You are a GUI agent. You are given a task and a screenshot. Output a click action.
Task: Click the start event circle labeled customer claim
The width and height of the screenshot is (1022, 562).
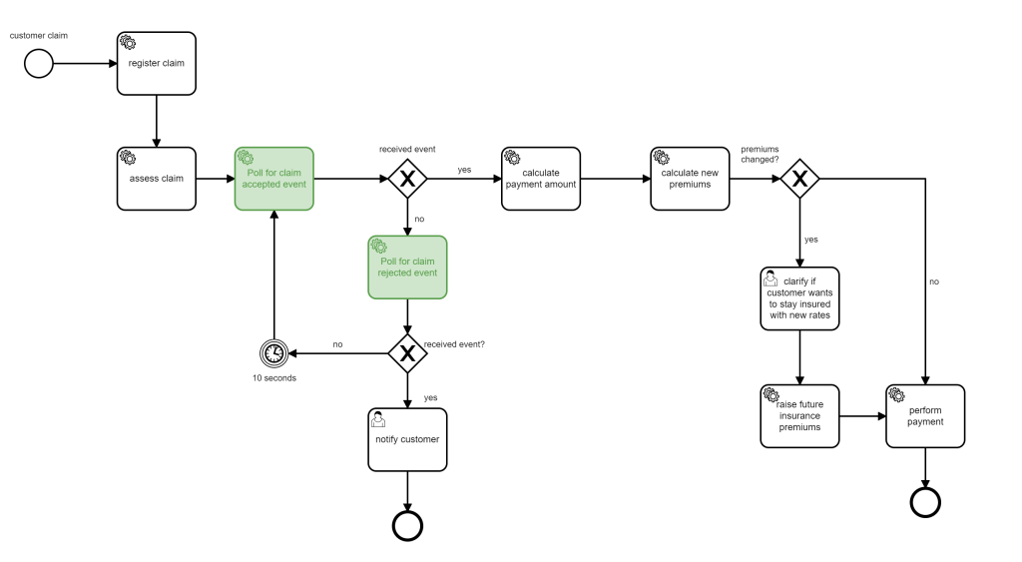[38, 64]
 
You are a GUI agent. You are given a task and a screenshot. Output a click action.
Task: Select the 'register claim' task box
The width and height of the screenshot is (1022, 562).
[157, 63]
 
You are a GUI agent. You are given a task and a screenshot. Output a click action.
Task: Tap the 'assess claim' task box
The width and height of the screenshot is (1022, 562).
[157, 179]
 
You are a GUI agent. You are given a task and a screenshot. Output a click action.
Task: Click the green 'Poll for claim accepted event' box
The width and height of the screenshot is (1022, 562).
[274, 179]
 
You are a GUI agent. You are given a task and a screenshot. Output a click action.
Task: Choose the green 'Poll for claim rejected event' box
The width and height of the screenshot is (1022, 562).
[407, 267]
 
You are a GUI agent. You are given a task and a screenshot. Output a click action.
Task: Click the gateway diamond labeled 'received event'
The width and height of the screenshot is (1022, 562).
[407, 179]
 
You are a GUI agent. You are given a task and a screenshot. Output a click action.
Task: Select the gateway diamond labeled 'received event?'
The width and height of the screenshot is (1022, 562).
[407, 352]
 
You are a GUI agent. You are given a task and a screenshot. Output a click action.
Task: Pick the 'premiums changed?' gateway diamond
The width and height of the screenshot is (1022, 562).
[799, 179]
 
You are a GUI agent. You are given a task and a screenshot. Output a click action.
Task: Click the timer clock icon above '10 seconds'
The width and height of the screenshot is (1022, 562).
[274, 352]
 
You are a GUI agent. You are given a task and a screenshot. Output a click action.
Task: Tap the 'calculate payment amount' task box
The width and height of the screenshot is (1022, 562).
[540, 179]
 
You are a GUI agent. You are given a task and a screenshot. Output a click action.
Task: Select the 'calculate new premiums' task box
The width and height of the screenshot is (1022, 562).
[690, 179]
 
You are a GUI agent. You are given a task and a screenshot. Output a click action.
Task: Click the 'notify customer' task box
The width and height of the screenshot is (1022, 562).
[407, 439]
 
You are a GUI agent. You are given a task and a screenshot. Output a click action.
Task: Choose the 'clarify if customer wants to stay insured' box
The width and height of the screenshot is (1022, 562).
[799, 298]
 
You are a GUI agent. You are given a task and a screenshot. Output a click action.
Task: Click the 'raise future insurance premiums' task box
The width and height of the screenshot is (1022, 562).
[799, 415]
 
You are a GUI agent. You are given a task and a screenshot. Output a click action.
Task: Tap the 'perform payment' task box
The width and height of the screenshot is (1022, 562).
[925, 415]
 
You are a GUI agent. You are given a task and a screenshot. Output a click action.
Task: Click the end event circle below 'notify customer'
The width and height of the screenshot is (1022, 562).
[407, 525]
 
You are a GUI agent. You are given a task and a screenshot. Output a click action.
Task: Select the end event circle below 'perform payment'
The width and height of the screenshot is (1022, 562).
[925, 503]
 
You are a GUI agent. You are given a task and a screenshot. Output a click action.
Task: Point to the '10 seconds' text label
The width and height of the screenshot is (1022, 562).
[274, 377]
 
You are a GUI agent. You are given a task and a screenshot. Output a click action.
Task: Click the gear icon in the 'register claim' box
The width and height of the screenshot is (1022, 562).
[129, 42]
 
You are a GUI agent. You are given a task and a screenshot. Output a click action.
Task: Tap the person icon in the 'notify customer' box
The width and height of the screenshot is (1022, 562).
[379, 418]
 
